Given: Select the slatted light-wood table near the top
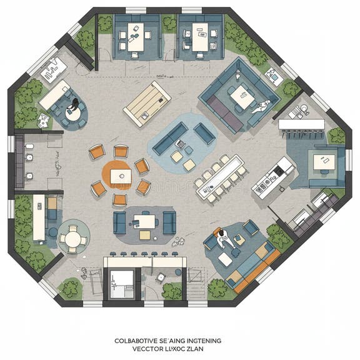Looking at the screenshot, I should click(x=147, y=103).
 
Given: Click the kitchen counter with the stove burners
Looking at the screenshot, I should click(x=273, y=177).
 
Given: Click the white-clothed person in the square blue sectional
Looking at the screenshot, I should click(x=265, y=104).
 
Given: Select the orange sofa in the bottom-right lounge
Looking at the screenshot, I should click(x=257, y=267).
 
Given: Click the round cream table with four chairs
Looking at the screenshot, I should click(x=74, y=236).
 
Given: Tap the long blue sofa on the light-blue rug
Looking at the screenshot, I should click(x=169, y=138).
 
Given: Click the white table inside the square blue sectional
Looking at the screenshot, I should click(x=241, y=96).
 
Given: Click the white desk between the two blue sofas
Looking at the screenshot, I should click(x=145, y=221).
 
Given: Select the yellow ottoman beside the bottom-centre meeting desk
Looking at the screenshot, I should click(x=145, y=235).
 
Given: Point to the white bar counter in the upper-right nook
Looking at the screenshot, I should click(x=301, y=124).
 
